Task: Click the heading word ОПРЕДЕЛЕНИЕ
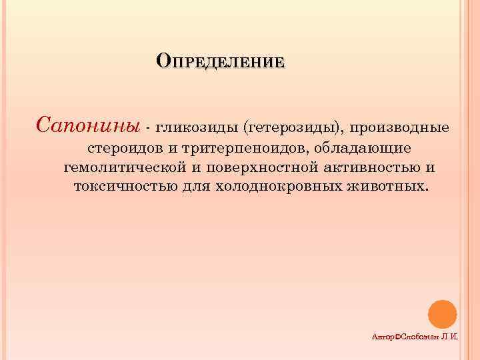click(x=220, y=63)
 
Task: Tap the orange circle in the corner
click(x=441, y=313)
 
